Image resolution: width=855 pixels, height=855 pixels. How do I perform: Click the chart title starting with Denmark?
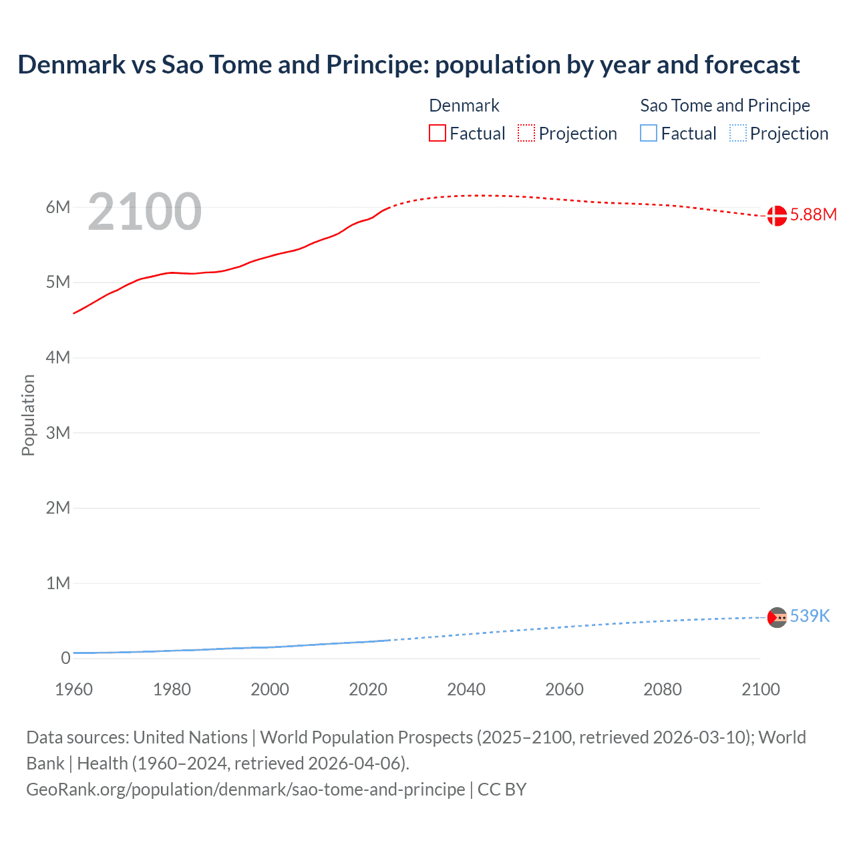(x=408, y=65)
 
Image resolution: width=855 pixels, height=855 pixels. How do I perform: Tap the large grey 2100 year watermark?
(x=144, y=212)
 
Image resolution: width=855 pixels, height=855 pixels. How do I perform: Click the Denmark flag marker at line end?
(x=776, y=216)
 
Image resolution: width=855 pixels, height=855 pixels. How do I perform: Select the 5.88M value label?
(x=813, y=214)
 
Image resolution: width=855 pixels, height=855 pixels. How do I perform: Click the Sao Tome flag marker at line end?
(x=776, y=618)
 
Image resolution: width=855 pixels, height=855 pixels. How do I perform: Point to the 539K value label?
(x=810, y=616)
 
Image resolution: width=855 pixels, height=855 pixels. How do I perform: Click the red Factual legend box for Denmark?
(x=438, y=134)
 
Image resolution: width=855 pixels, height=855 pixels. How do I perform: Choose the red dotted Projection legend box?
(x=526, y=134)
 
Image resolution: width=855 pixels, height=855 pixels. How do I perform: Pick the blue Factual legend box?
(x=649, y=134)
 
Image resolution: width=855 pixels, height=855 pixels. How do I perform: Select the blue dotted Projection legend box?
(x=738, y=134)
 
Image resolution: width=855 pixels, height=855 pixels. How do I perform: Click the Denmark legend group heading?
(x=464, y=106)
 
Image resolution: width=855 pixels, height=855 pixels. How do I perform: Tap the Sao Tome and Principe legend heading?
(x=725, y=106)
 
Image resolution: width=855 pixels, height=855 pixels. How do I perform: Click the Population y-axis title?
(x=28, y=415)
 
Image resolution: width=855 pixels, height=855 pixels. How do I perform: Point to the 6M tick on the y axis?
(x=58, y=207)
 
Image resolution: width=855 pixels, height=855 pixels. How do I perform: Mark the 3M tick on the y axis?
(x=58, y=433)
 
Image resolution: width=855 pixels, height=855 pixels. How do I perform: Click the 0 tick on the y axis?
(x=65, y=659)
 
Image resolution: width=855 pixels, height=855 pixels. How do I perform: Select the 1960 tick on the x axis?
(x=73, y=689)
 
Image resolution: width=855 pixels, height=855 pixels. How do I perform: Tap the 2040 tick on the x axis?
(x=466, y=689)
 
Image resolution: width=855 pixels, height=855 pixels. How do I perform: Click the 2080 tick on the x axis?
(x=663, y=689)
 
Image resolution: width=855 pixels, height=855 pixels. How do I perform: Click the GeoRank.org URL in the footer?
(x=245, y=790)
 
